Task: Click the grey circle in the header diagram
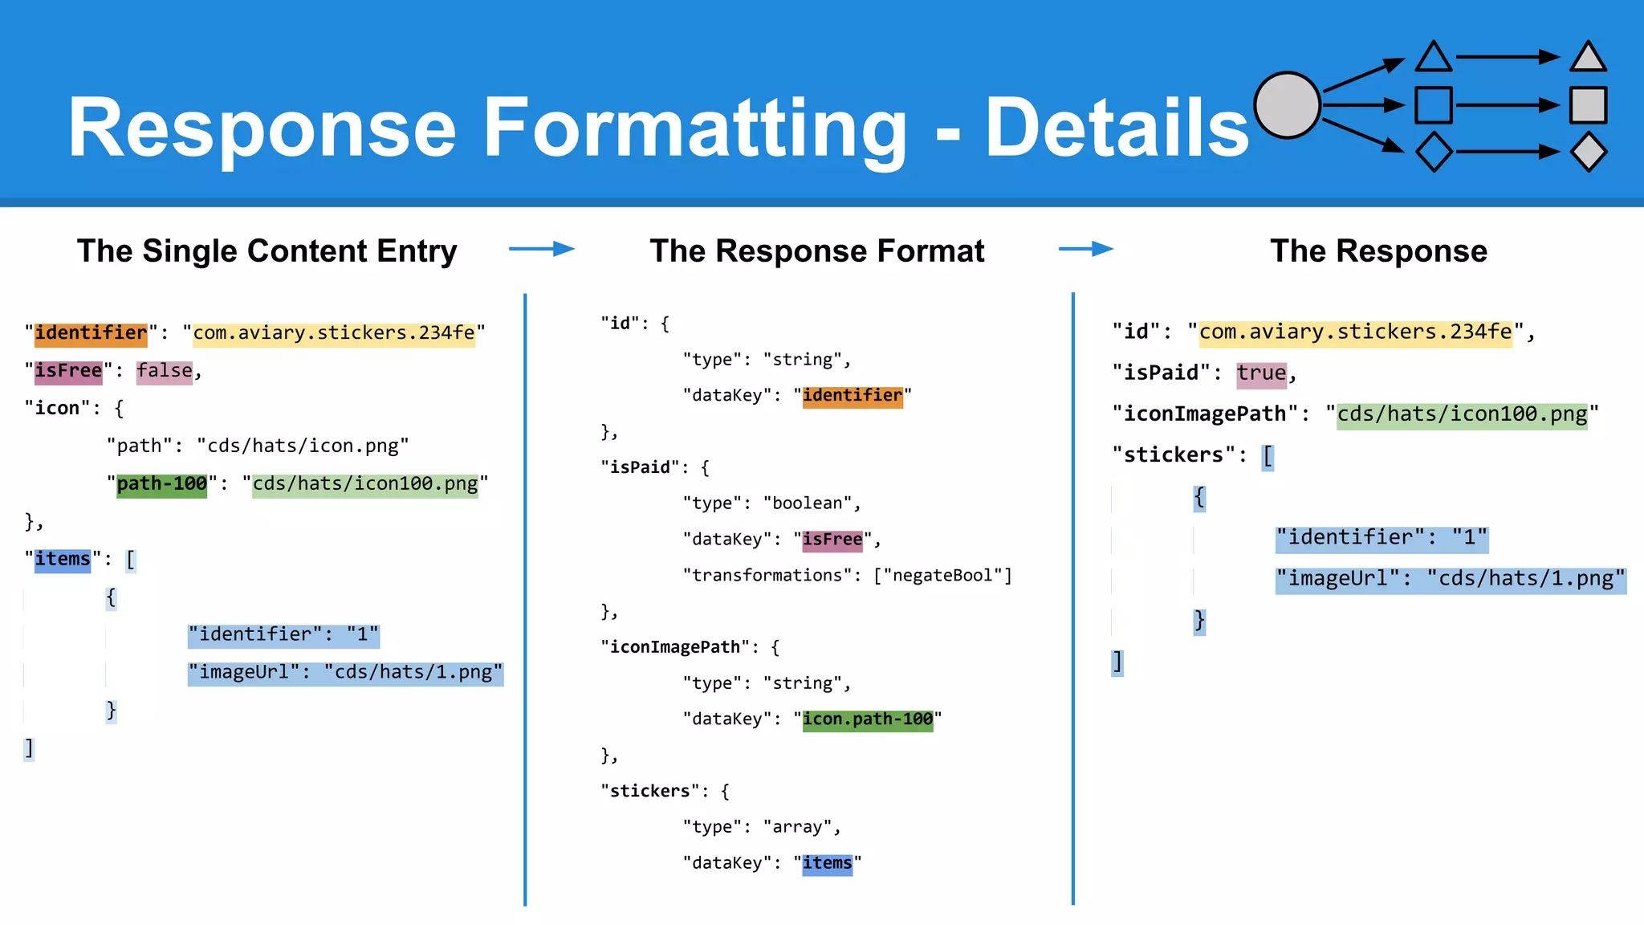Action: [x=1287, y=105]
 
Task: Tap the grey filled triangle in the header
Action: [x=1588, y=59]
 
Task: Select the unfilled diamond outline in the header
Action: [x=1434, y=152]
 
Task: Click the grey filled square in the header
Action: [x=1588, y=105]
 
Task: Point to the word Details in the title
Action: [x=1117, y=128]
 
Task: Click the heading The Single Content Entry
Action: [x=267, y=251]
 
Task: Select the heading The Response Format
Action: [x=816, y=251]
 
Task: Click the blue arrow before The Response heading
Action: [x=1086, y=249]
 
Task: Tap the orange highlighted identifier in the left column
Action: [x=91, y=333]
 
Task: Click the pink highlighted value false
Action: [x=165, y=371]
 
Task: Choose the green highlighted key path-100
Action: [x=161, y=484]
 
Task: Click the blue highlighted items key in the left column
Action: [x=63, y=560]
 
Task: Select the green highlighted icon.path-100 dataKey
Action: [x=868, y=719]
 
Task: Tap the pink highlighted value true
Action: [x=1261, y=373]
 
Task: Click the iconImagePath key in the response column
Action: [x=1205, y=414]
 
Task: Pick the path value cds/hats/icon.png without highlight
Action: [x=303, y=446]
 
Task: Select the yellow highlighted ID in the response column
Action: [x=1355, y=332]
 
